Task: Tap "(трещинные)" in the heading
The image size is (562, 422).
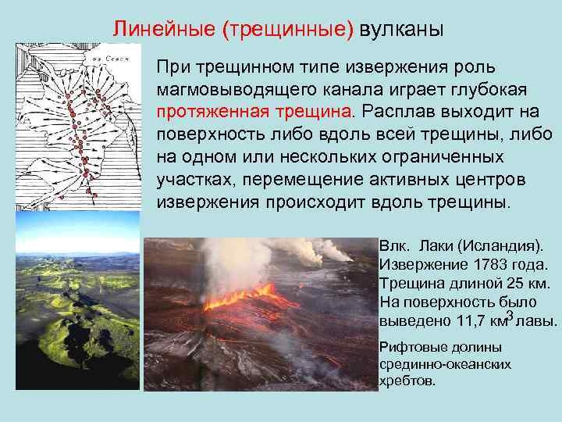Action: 288,30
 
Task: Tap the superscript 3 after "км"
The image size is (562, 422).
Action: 510,315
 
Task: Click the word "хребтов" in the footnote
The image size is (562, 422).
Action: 405,380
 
